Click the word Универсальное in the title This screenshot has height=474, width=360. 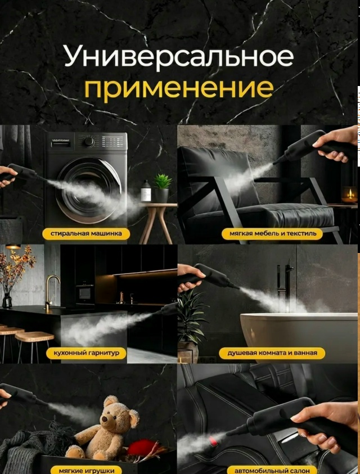tap(179, 56)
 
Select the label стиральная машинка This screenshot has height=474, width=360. tap(86, 234)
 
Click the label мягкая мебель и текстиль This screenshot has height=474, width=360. tap(273, 234)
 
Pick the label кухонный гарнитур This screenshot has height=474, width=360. tap(86, 353)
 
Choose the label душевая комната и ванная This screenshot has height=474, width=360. tap(272, 353)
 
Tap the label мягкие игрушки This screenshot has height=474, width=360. tap(87, 470)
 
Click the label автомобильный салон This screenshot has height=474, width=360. tap(272, 470)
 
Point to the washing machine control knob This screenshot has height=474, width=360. tap(88, 142)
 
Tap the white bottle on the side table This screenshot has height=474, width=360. tap(146, 191)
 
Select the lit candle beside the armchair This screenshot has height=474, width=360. tap(349, 195)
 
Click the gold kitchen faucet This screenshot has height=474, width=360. tap(51, 292)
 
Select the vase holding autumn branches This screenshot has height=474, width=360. tap(7, 300)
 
